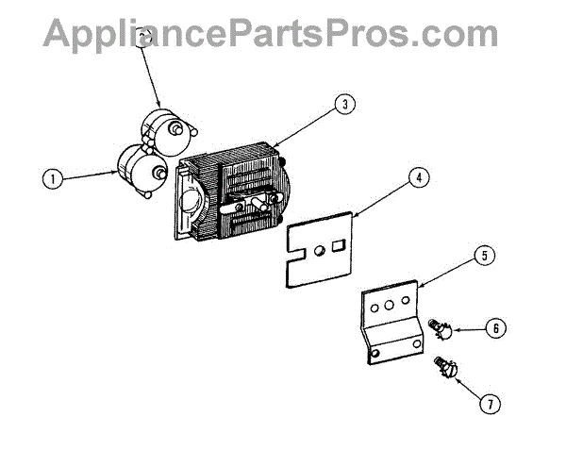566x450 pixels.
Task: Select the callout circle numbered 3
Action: (x=346, y=106)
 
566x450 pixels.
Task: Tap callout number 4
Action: (x=416, y=175)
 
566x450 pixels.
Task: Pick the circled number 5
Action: (x=482, y=255)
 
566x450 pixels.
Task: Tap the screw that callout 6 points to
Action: (x=439, y=326)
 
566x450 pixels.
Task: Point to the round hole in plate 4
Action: (x=321, y=249)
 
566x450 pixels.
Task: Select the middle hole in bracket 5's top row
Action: (x=389, y=306)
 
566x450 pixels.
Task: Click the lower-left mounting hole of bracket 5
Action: (x=375, y=354)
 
